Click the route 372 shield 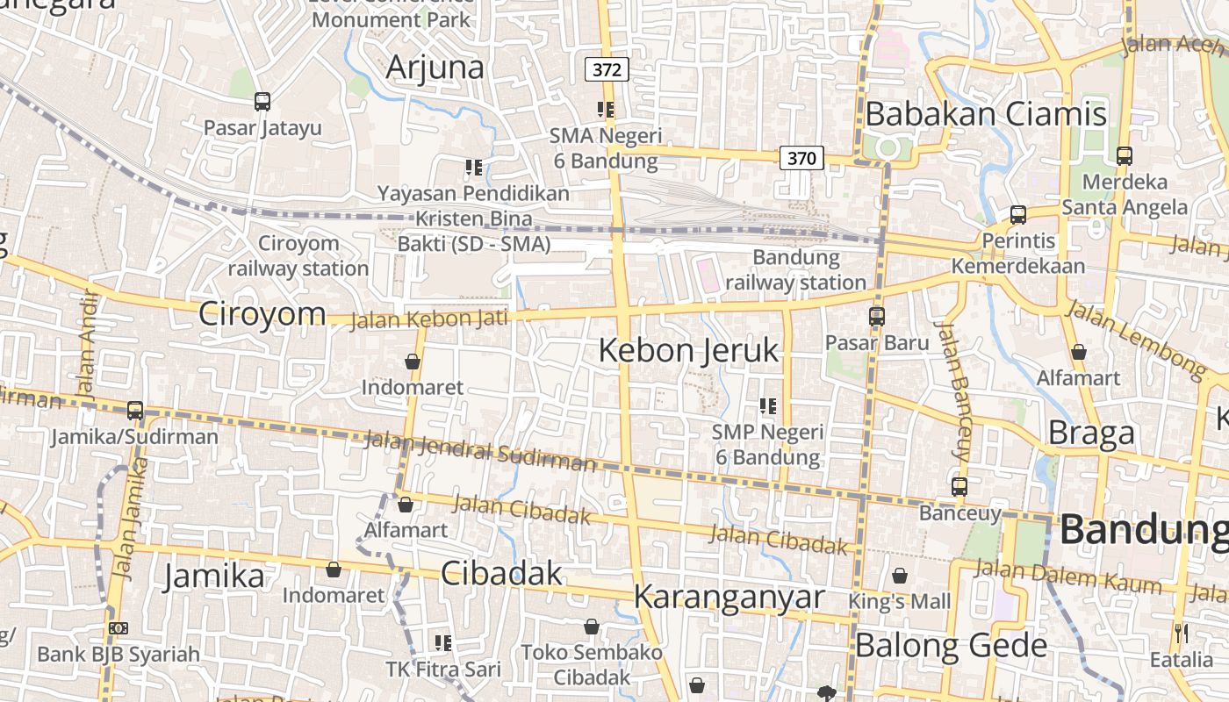click(607, 69)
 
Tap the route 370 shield click(801, 158)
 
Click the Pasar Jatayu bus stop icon click(262, 102)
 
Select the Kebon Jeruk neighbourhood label click(688, 351)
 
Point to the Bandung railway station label click(796, 270)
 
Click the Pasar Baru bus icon click(876, 317)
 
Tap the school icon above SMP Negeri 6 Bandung click(768, 406)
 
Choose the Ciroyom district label click(262, 313)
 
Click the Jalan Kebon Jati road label click(429, 319)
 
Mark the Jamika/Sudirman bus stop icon click(135, 411)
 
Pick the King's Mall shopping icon click(900, 576)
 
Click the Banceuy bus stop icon click(959, 486)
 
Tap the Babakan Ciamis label click(986, 114)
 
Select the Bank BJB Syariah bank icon click(119, 628)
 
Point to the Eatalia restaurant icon click(1181, 633)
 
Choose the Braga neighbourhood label click(1091, 433)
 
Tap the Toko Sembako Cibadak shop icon click(592, 627)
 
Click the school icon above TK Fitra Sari click(443, 643)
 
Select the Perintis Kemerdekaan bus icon click(1018, 214)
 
